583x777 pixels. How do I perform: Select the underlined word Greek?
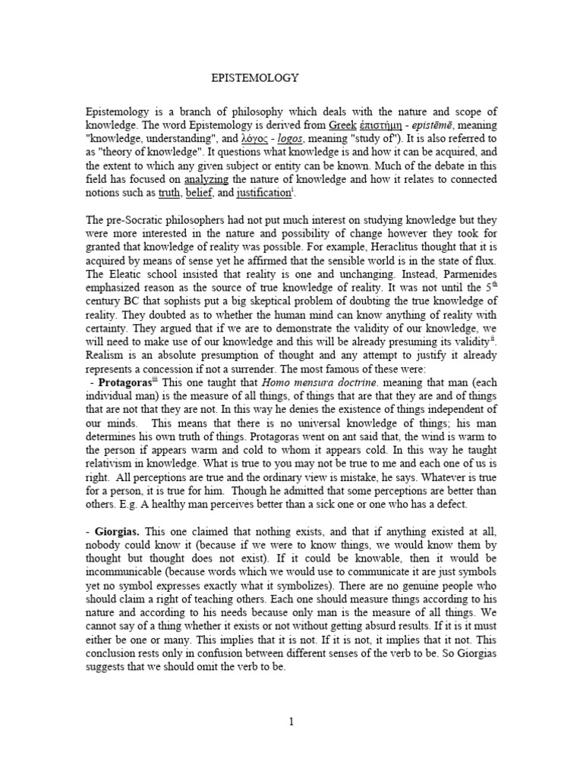(345, 124)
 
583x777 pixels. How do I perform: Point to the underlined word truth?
(169, 193)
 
